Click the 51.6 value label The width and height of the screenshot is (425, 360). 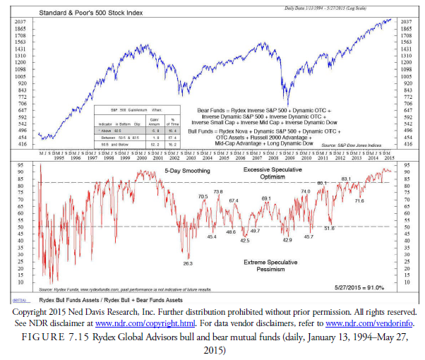(x=329, y=228)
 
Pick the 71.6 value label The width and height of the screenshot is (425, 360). (x=359, y=201)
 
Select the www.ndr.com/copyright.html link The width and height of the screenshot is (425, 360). (x=138, y=322)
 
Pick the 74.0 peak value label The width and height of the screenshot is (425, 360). (x=306, y=191)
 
